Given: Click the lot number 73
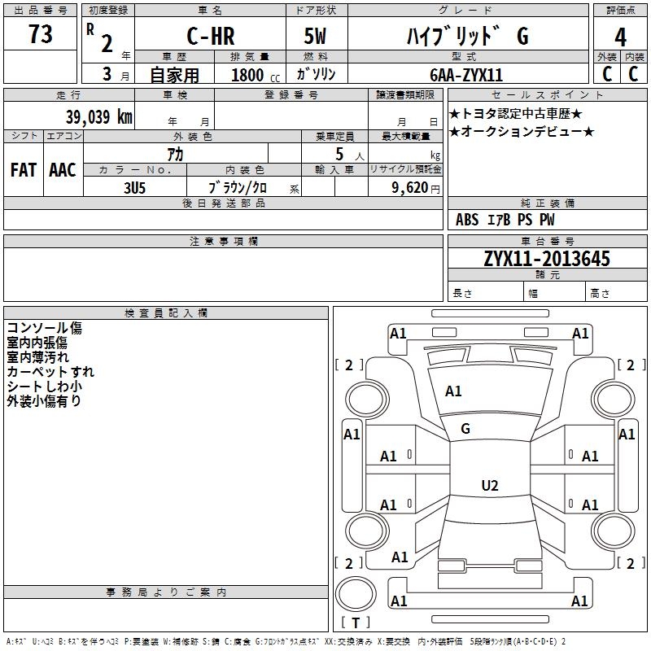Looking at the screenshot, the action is [40, 35].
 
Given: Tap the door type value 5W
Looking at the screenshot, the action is [317, 37].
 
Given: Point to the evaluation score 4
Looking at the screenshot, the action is [620, 37].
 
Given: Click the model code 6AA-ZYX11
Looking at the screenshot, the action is [466, 75].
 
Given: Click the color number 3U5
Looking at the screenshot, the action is [134, 186].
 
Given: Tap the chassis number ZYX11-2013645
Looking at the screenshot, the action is [546, 259].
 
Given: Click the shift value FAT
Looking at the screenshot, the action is [23, 170].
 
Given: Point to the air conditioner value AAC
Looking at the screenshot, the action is [62, 170].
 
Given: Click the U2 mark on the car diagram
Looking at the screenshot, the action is [489, 486].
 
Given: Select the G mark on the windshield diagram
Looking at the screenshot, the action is [465, 429].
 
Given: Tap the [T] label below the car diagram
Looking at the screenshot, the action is [355, 623].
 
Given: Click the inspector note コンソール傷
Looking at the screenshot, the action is [44, 328].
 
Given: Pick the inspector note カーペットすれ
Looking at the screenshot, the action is [50, 372].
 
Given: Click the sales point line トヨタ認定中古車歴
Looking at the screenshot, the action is [516, 114].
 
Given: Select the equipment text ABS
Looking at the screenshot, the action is [467, 220].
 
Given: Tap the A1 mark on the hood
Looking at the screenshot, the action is [453, 391].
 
